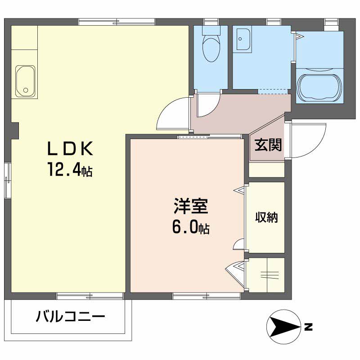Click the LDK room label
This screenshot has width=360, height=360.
click(70, 148)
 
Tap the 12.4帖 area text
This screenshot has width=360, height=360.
click(70, 170)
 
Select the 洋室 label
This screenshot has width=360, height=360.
click(191, 206)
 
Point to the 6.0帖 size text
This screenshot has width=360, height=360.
click(191, 227)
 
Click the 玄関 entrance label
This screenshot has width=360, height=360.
click(268, 145)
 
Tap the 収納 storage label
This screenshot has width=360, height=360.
click(266, 217)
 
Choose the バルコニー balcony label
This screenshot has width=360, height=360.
click(71, 316)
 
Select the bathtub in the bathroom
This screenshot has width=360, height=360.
click(319, 87)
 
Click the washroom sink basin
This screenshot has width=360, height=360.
click(243, 39)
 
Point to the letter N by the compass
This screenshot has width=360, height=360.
click(309, 327)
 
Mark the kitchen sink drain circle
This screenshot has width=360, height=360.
click(26, 90)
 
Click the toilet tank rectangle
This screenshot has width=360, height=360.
click(211, 30)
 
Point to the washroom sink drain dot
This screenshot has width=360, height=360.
click(240, 39)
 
